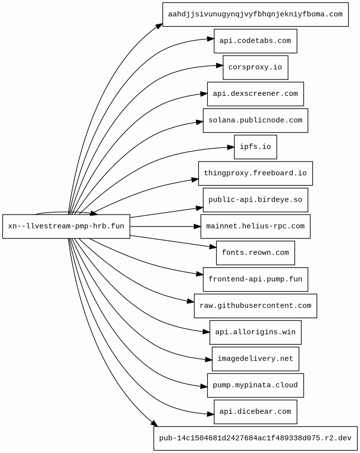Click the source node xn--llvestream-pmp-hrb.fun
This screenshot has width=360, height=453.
click(x=66, y=226)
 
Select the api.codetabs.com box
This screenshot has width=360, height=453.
click(x=255, y=41)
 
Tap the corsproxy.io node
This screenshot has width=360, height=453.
click(x=255, y=68)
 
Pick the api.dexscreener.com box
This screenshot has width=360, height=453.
click(x=255, y=94)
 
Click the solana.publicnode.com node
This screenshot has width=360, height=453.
click(x=255, y=120)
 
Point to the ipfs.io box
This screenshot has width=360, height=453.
click(x=255, y=147)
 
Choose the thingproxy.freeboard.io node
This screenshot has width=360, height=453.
click(x=255, y=173)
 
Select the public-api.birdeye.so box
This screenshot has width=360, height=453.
click(x=255, y=200)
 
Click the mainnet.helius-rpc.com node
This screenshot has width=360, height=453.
click(x=255, y=226)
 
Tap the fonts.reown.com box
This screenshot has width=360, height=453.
click(x=255, y=253)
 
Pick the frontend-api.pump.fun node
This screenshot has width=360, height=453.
click(x=255, y=279)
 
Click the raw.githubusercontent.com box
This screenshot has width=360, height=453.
click(x=255, y=306)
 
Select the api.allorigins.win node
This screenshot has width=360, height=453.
click(x=255, y=332)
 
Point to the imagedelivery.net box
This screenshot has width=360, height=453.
click(x=255, y=359)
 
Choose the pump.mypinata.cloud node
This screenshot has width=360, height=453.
click(x=255, y=385)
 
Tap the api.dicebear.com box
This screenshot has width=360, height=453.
click(x=255, y=412)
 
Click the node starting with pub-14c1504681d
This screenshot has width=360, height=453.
click(x=255, y=438)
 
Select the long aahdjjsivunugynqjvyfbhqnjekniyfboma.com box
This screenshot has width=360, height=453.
click(x=255, y=14)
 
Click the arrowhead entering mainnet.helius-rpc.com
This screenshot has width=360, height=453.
click(x=197, y=226)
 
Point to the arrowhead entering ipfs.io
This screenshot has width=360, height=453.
click(x=230, y=147)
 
